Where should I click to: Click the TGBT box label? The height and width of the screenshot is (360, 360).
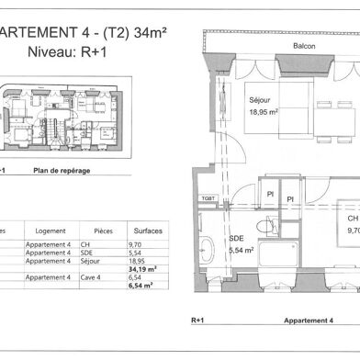tap(208, 197)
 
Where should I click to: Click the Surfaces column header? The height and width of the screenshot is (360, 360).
tap(149, 231)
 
